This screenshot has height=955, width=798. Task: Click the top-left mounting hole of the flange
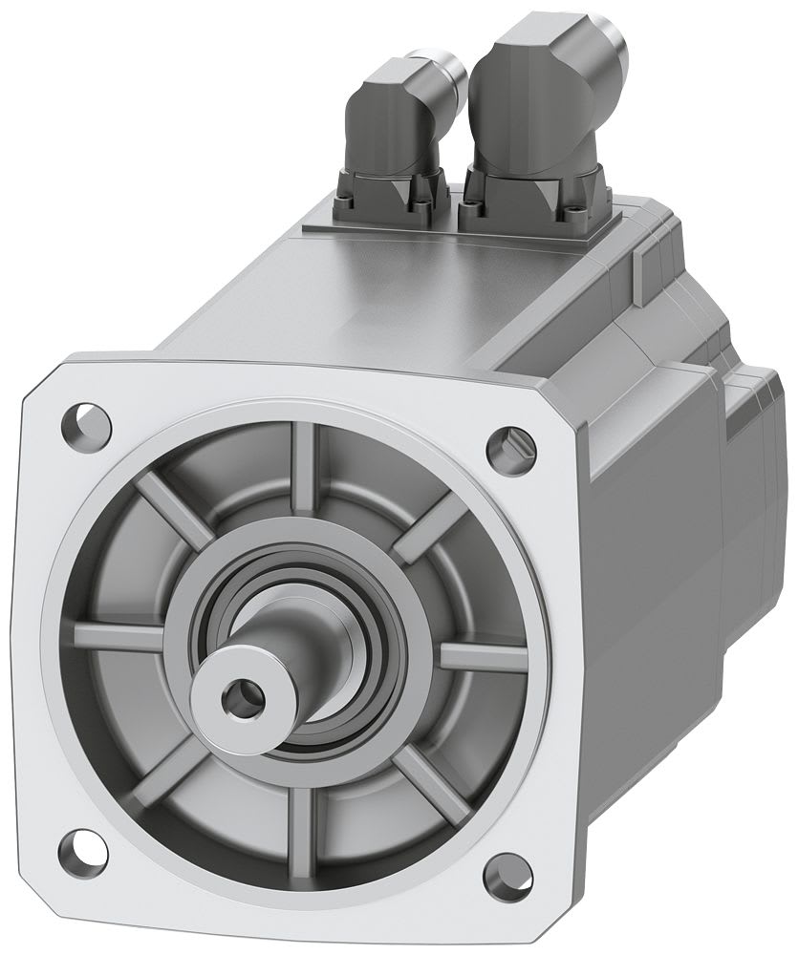tap(86, 421)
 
